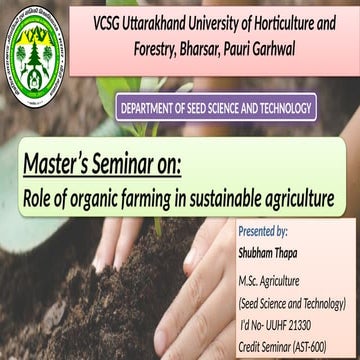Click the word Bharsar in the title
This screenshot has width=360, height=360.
coord(194,46)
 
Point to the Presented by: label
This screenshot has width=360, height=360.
coord(263,231)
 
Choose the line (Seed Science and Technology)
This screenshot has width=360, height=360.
coord(291,302)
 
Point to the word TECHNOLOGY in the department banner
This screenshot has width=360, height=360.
coord(284,107)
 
